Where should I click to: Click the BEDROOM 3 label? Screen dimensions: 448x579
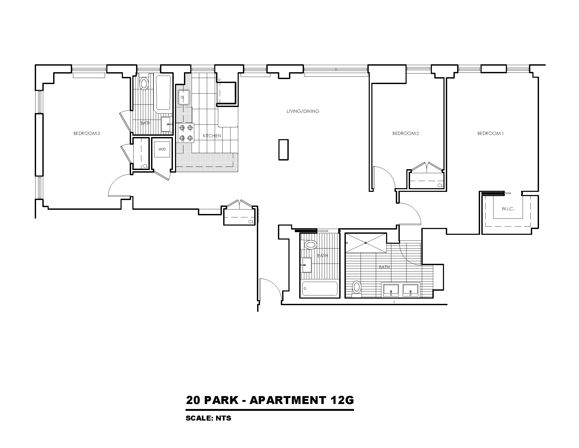pos(87,133)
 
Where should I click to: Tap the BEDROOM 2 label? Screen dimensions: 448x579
pos(405,133)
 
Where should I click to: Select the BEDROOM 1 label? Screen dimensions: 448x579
pos(490,133)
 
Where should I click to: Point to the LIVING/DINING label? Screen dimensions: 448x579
pos(303,111)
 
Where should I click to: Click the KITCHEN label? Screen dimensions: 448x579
pos(212,136)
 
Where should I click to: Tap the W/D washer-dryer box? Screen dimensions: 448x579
pos(162,149)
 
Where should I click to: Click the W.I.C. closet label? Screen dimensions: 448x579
pos(508,209)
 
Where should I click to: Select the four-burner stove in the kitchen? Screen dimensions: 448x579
pos(186,133)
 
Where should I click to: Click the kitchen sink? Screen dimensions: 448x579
pos(184,98)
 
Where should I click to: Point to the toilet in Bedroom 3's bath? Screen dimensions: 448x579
pos(144,83)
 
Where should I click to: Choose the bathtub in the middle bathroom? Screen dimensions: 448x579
pos(320,288)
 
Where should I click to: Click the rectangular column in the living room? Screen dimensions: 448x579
pos(283,150)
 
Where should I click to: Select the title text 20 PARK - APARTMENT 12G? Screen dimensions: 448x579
pos(269,400)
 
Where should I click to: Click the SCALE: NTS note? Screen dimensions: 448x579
pos(208,418)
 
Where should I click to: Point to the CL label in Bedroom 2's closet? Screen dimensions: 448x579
pos(440,185)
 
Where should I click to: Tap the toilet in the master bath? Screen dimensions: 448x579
pos(357,288)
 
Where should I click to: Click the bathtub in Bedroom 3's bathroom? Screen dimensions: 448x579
pos(163,92)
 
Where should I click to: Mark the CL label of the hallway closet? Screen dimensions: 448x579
pos(251,222)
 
